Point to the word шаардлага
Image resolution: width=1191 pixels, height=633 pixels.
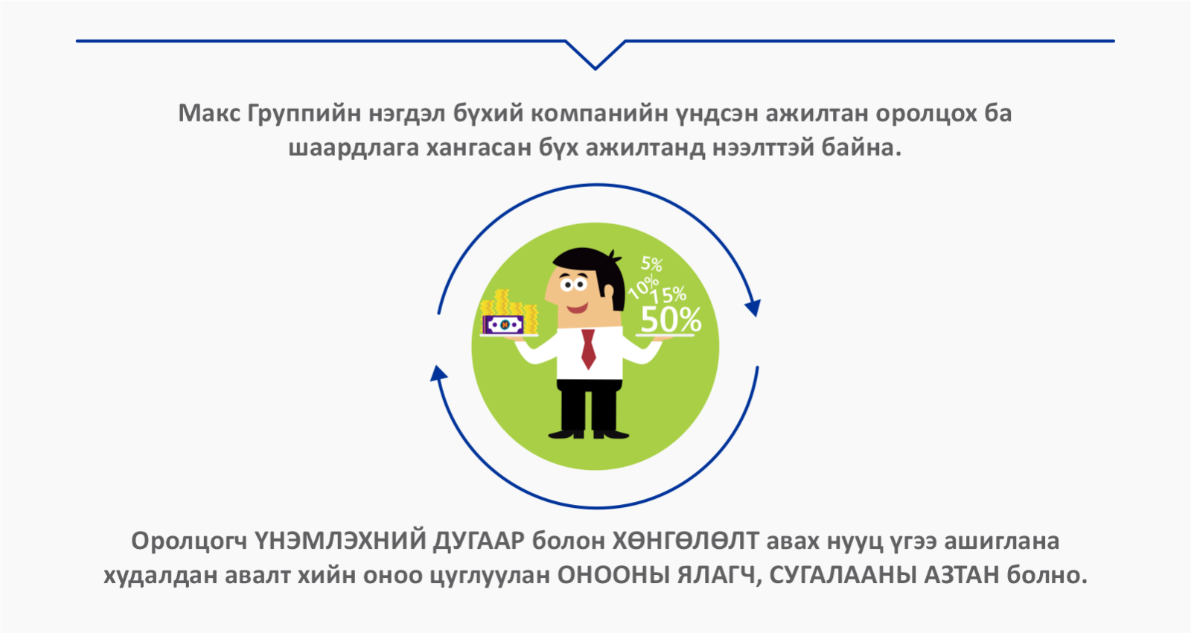354,148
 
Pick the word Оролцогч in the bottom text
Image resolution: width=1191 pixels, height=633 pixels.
189,542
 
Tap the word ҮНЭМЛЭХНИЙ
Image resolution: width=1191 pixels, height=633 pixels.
339,541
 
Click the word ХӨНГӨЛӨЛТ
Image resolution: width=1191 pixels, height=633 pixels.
686,541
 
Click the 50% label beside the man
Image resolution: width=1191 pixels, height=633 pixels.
671,319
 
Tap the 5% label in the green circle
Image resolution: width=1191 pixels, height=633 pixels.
651,264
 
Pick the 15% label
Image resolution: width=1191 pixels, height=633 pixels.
668,295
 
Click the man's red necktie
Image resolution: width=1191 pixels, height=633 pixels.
588,349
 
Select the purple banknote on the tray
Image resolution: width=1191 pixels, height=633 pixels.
503,324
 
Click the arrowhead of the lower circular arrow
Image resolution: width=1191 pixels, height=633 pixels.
438,373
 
